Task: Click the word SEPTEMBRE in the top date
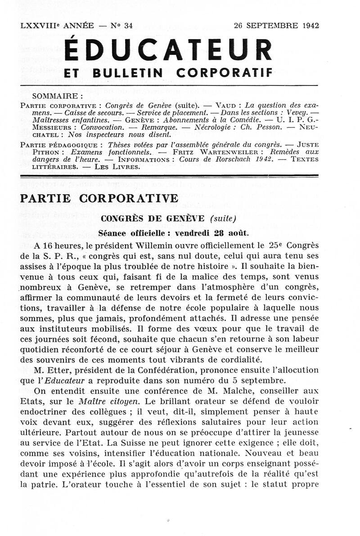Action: (271, 26)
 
